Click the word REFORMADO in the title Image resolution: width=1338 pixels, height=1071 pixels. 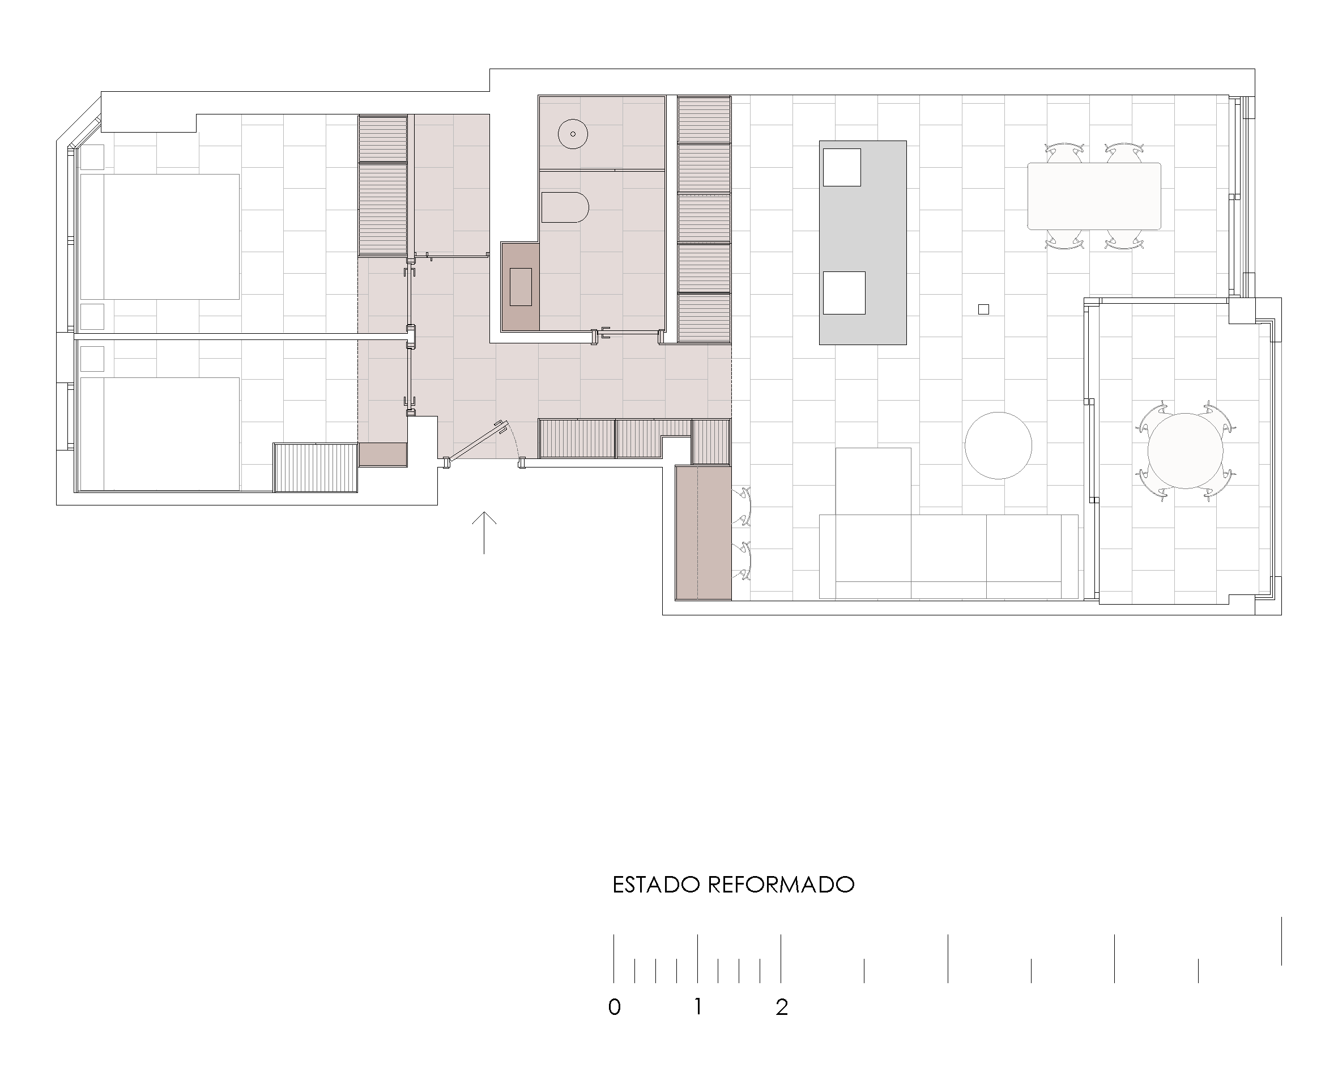[781, 885]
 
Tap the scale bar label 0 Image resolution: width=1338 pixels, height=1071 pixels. [615, 1006]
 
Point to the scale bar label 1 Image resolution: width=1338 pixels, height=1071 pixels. [698, 1006]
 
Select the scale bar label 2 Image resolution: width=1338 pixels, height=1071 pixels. [782, 1006]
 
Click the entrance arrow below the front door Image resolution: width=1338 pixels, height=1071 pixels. [484, 533]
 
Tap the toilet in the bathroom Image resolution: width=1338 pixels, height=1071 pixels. [565, 207]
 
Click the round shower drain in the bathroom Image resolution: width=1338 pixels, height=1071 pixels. [572, 134]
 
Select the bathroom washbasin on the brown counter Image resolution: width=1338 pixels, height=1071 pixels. [521, 287]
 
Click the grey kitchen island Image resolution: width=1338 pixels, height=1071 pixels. [863, 242]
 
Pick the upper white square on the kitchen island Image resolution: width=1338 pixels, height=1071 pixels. [842, 167]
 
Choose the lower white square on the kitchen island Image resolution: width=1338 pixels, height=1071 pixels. [844, 292]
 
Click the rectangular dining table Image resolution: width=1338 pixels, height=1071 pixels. [1094, 196]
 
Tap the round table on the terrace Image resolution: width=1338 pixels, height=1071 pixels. [1184, 450]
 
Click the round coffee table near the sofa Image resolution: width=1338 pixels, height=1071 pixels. [999, 445]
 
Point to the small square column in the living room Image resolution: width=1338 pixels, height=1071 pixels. [983, 309]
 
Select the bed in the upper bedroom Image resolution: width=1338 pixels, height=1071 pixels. [160, 236]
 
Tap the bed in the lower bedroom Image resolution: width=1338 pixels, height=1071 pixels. [160, 434]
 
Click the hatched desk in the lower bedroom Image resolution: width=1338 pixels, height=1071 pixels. [316, 467]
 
